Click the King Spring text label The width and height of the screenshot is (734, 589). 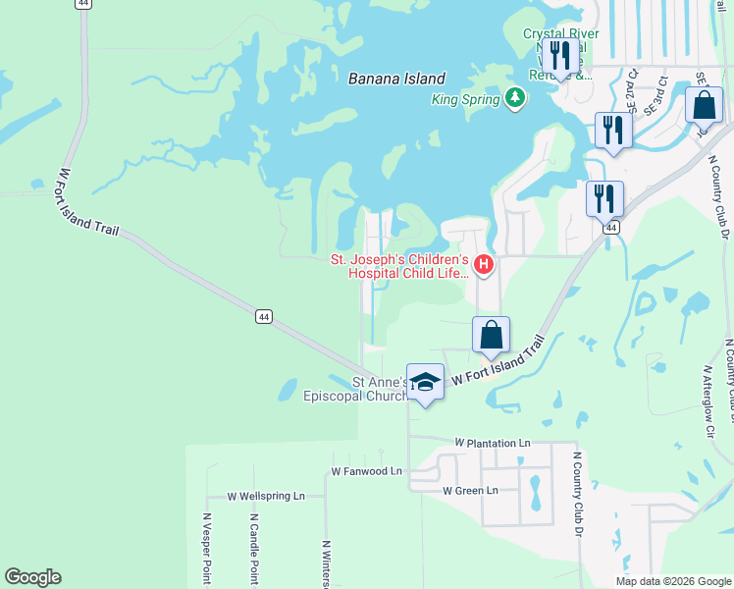click(467, 99)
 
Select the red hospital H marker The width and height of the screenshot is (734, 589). click(483, 264)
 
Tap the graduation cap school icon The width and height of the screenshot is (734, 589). click(425, 382)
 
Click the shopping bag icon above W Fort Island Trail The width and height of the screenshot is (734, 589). click(492, 336)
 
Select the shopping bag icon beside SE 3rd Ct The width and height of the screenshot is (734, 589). click(704, 105)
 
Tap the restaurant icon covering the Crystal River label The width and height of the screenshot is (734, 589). click(559, 57)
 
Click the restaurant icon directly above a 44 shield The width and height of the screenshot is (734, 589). click(604, 199)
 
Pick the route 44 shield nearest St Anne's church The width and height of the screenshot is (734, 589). click(263, 316)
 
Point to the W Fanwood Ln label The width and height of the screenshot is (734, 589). click(367, 471)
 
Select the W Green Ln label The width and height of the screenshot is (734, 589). click(470, 490)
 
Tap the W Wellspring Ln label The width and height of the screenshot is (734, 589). click(266, 497)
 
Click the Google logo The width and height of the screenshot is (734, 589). click(32, 577)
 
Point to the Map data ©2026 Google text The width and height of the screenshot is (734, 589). click(673, 581)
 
